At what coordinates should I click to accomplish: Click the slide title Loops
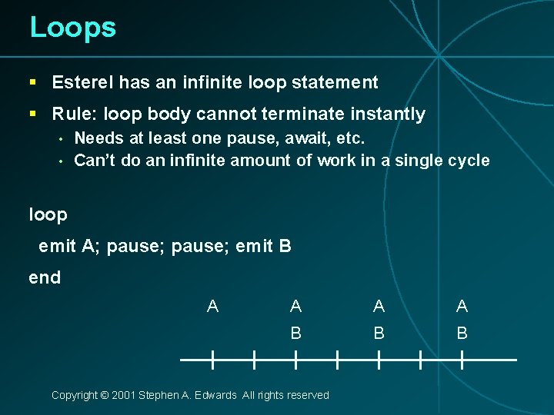click(72, 28)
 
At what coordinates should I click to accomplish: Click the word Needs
click(95, 139)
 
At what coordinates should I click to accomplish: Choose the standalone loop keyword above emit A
click(48, 214)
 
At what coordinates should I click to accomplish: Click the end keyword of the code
click(45, 277)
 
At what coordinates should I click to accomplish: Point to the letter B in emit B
click(285, 247)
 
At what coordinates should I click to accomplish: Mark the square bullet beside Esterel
click(33, 82)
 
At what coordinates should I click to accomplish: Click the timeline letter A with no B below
click(212, 307)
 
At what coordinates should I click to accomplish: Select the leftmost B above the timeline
click(295, 334)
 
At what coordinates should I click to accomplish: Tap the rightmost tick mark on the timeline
click(462, 359)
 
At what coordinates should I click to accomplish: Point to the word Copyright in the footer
click(74, 395)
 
